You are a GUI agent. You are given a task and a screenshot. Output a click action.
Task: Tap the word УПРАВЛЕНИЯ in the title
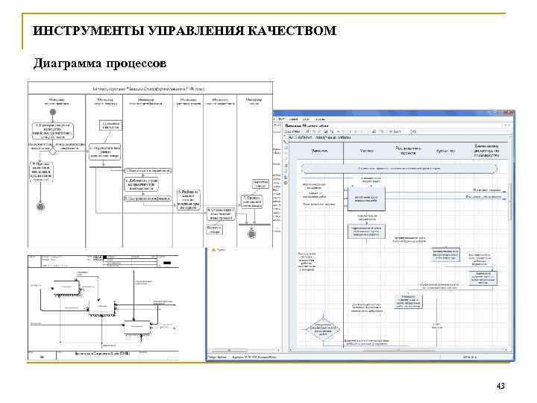187,31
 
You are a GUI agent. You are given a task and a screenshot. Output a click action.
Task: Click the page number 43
500,384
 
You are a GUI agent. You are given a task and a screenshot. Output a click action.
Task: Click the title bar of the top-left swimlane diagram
149,88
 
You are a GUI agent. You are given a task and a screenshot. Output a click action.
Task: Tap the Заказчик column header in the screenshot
321,150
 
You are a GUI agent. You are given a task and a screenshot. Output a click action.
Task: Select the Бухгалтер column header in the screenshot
446,150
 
